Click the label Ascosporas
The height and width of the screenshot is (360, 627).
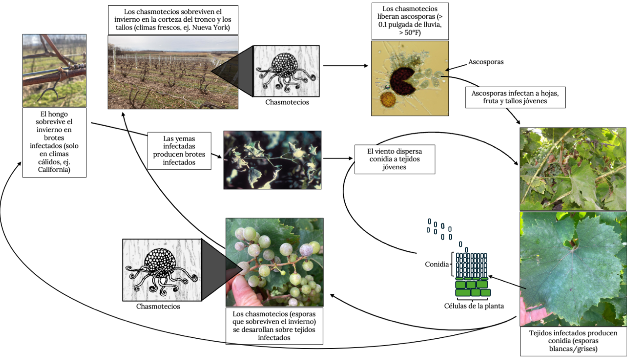click(486, 62)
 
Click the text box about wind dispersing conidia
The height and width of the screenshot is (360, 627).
click(382, 159)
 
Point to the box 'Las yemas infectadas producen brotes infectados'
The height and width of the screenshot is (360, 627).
click(180, 150)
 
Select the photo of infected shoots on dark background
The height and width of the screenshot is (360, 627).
click(272, 160)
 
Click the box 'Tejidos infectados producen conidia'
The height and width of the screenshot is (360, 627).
click(573, 341)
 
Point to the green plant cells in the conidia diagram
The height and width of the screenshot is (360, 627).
click(472, 287)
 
